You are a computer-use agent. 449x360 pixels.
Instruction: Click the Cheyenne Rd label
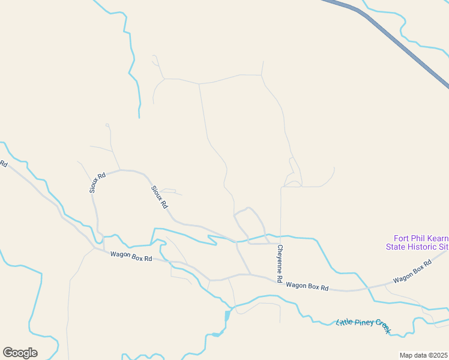[279, 263]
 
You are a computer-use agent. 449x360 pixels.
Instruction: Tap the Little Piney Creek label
[364, 325]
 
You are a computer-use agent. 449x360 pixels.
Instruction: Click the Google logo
[20, 352]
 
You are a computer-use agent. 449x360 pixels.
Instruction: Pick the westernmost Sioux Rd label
[97, 182]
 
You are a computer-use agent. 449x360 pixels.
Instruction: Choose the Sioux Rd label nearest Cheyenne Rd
[159, 196]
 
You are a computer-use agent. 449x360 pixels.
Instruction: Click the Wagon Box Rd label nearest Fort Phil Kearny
[412, 272]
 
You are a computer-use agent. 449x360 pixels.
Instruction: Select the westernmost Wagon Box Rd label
[131, 256]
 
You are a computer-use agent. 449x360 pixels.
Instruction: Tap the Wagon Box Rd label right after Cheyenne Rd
[307, 287]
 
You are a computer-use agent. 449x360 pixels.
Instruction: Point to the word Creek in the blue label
[383, 329]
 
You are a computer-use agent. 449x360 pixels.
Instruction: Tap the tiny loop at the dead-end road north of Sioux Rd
[107, 125]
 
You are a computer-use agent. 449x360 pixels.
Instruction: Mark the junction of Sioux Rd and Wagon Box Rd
[104, 251]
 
